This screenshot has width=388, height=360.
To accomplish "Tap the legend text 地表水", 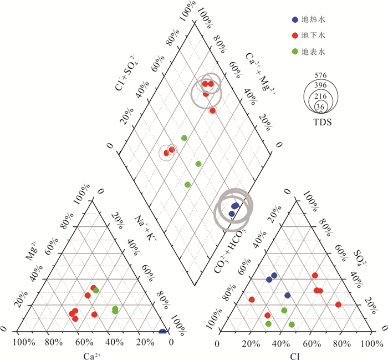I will (312, 52).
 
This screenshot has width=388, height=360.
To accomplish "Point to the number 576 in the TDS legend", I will (320, 75).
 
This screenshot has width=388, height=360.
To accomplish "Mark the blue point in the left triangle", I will (162, 332).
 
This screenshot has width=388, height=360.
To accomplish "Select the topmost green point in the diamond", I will (184, 138).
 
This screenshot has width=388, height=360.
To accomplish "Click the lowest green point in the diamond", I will (187, 184).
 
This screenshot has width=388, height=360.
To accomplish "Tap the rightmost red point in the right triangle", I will (338, 304).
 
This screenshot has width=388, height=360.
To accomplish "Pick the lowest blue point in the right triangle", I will (287, 295).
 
